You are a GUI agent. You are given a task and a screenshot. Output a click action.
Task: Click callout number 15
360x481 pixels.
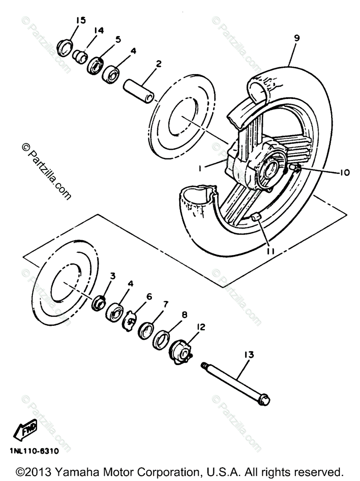[x=81, y=20]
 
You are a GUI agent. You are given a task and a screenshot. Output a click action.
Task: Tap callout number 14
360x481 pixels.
[x=99, y=30]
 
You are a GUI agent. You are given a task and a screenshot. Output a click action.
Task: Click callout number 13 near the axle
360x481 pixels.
[x=249, y=355]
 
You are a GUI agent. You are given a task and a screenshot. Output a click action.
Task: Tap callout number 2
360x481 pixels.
[x=159, y=64]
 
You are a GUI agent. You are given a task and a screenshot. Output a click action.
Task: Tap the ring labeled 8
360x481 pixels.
[x=162, y=340]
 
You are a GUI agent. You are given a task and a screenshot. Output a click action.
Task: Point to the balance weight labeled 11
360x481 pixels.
[x=256, y=218]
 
